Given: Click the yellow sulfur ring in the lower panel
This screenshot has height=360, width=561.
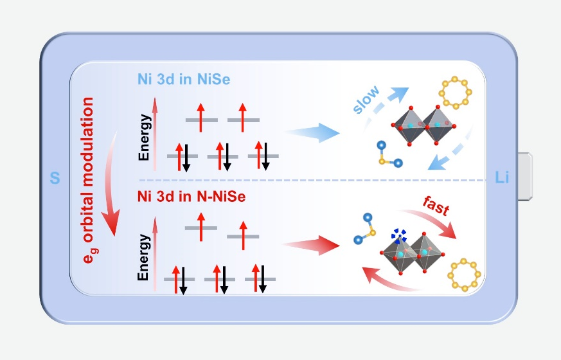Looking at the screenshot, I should pos(464,274).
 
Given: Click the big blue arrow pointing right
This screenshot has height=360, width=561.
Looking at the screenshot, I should pos(312,133).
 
